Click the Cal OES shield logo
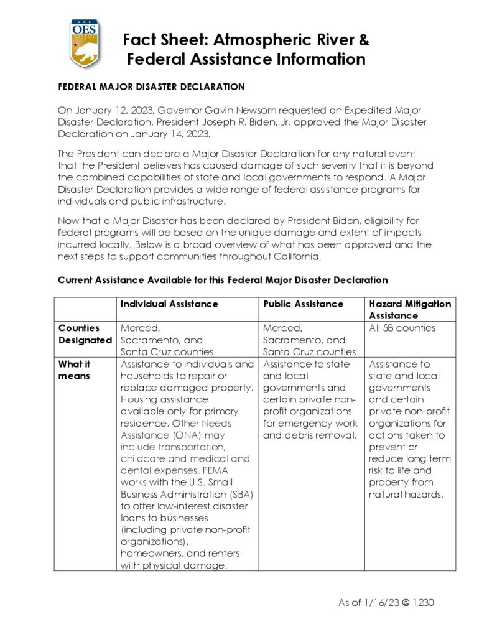[85, 44]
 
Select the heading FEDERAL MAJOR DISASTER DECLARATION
[151, 87]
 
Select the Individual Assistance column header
[169, 304]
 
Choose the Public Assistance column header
[303, 304]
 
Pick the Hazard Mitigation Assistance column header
[410, 310]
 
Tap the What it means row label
[75, 370]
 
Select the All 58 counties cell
[402, 328]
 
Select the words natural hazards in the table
[406, 495]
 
